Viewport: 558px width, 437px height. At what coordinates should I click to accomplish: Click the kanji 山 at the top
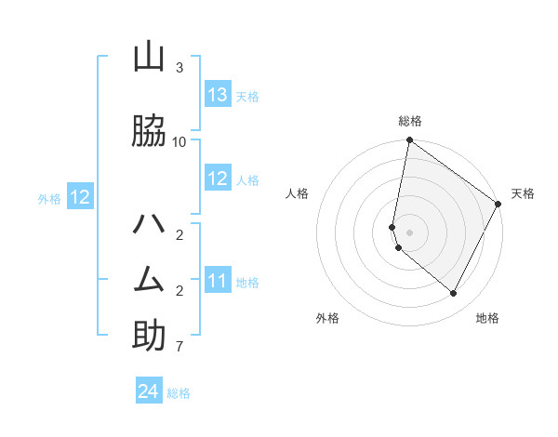tap(149, 59)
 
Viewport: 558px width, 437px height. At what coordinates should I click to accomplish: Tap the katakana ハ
tap(149, 225)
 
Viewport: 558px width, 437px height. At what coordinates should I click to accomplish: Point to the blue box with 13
tap(218, 95)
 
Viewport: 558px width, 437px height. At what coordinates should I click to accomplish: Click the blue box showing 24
tap(149, 391)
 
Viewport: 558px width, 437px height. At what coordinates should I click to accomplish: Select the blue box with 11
tap(218, 281)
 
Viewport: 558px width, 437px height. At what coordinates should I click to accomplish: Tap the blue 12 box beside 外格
tap(80, 197)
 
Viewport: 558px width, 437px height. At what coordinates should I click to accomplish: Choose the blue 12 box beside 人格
tap(218, 179)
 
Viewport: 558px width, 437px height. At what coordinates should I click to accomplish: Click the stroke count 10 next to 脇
tap(179, 141)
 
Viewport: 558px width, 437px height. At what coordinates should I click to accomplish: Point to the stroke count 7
tap(179, 347)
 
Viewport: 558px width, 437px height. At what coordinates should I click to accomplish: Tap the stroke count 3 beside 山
tap(179, 68)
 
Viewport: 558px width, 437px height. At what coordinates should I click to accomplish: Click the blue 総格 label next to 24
tap(179, 393)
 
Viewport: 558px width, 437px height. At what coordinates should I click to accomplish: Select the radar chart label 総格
tap(410, 121)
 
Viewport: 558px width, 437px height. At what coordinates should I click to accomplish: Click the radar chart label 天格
tap(523, 193)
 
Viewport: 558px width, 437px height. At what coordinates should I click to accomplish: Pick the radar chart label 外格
tap(327, 318)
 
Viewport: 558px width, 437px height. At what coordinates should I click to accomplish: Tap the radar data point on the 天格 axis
tap(498, 204)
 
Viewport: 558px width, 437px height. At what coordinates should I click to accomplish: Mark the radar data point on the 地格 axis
tap(454, 293)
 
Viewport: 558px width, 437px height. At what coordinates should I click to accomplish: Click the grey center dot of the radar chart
tap(410, 232)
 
